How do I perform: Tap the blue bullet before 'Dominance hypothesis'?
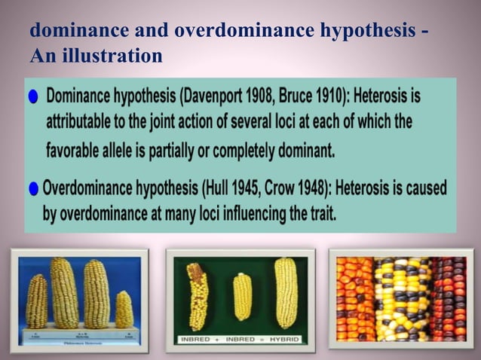[x=32, y=99]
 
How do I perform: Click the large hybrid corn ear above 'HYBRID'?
[x=286, y=292]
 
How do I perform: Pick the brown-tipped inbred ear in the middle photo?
[x=198, y=295]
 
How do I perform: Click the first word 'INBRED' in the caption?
[x=198, y=339]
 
